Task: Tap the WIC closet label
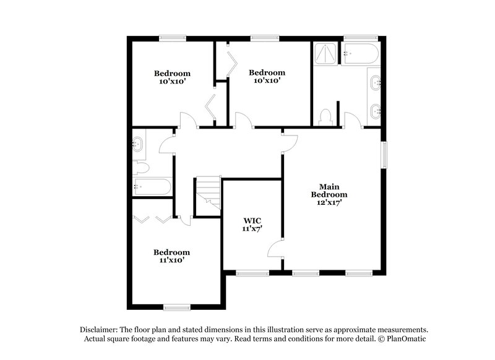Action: [x=252, y=220]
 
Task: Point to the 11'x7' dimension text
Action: [x=252, y=229]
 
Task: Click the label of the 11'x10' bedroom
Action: [x=171, y=252]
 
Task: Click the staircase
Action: [x=209, y=195]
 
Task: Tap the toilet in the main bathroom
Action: [x=325, y=116]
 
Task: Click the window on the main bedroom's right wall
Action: [x=384, y=155]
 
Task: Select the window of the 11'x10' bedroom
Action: [x=176, y=306]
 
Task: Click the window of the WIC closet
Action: [x=252, y=272]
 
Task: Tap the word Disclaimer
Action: [x=100, y=330]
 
